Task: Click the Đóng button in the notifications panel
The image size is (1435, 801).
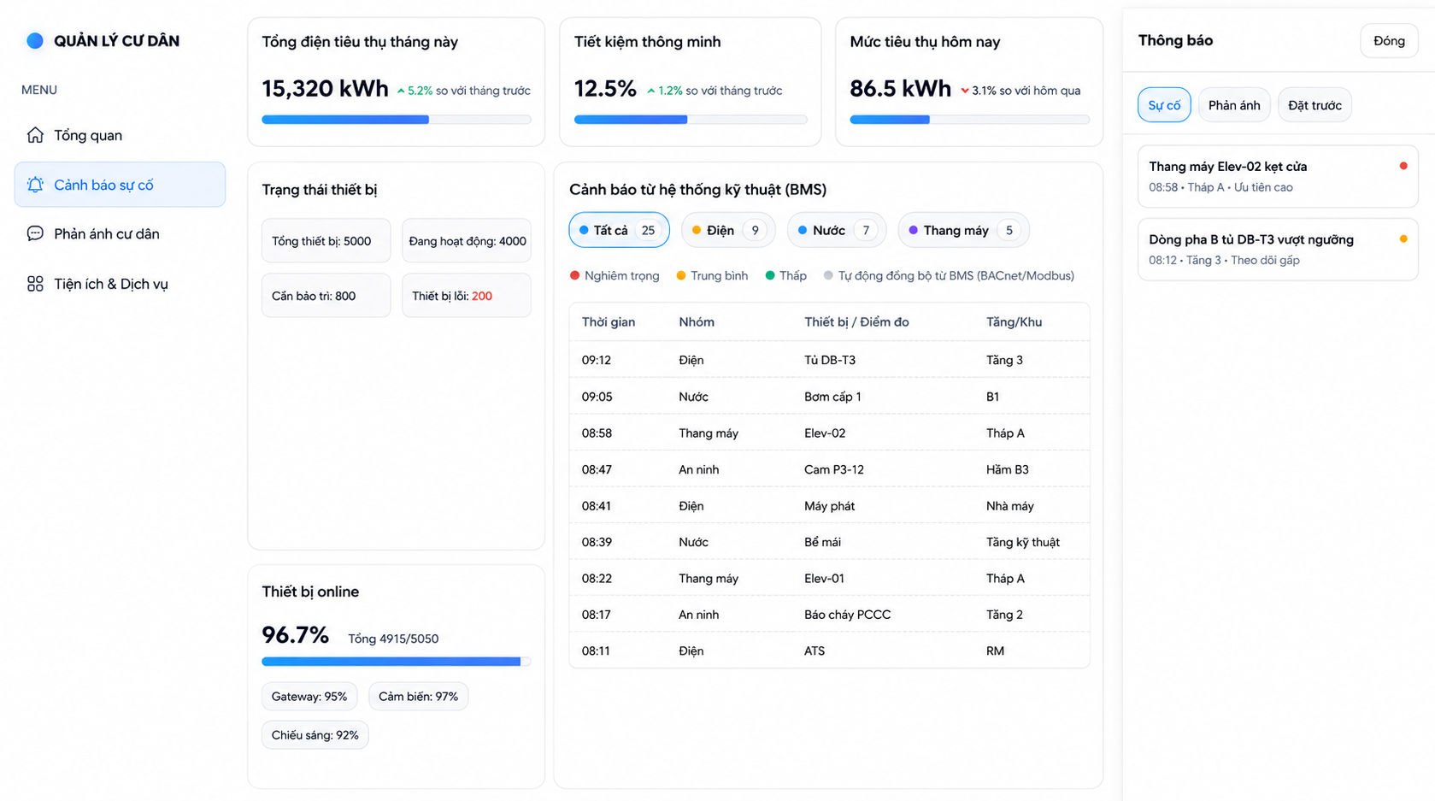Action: tap(1389, 41)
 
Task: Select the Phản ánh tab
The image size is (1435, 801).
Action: tap(1234, 105)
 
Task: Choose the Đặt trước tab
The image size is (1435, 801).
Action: tap(1314, 105)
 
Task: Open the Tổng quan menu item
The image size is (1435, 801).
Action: tap(88, 135)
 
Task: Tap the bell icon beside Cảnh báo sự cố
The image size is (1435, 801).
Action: tap(35, 185)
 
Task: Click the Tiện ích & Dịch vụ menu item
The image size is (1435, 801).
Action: tap(111, 284)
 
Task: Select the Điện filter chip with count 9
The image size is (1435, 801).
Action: tap(728, 230)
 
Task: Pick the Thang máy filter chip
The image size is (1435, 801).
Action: tap(963, 230)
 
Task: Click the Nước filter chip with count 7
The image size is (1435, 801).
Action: tap(837, 230)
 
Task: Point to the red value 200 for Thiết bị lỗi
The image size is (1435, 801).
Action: tap(482, 296)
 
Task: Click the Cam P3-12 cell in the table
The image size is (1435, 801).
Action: tap(834, 469)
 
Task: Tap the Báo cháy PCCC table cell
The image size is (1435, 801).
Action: tap(848, 615)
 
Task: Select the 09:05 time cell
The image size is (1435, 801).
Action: tap(597, 397)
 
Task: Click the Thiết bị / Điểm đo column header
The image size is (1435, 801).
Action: tap(856, 321)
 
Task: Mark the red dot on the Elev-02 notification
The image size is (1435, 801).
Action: tap(1403, 166)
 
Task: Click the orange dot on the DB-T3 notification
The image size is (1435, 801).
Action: tap(1403, 239)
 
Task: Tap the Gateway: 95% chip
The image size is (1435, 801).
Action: tap(309, 697)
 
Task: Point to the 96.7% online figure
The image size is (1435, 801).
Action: tap(296, 635)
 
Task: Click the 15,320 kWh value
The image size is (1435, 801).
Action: tap(325, 88)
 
